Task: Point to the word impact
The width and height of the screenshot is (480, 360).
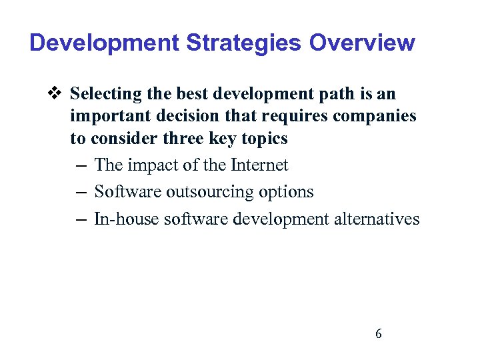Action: click(x=157, y=165)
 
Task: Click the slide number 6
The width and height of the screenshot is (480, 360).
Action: click(x=379, y=334)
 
